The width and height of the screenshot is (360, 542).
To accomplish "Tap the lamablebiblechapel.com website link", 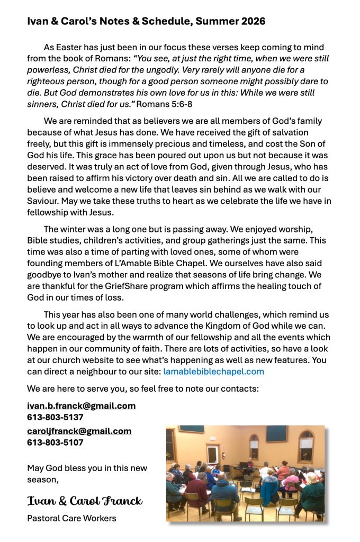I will [x=213, y=371].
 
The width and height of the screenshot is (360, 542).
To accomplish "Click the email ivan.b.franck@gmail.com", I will [x=81, y=406].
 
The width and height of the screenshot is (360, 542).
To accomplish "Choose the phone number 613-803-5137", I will [x=55, y=417].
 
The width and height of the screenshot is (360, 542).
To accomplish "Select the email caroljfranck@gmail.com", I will [x=79, y=431].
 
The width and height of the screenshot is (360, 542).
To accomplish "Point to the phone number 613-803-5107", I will [x=55, y=442].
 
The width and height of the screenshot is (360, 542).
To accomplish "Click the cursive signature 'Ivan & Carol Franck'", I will [x=85, y=501].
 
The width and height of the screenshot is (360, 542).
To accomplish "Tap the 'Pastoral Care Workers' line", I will [x=71, y=518].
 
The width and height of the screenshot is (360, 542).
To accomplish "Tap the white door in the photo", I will [x=213, y=455].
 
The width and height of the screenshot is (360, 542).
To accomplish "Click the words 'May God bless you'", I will [x=61, y=468].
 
